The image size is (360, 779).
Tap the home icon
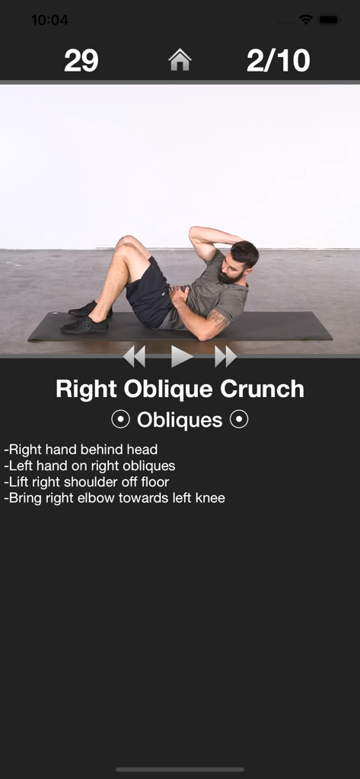[x=180, y=60]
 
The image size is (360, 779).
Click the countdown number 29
[x=81, y=61]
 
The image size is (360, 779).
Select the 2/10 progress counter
[x=278, y=61]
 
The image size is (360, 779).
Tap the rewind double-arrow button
[x=134, y=356]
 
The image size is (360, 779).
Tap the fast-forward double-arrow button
[x=225, y=356]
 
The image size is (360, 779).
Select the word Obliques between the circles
[x=180, y=420]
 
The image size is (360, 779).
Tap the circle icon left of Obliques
[x=120, y=420]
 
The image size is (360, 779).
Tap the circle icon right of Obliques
[x=239, y=420]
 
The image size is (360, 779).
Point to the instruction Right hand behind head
[x=81, y=450]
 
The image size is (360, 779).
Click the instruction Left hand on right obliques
[x=90, y=466]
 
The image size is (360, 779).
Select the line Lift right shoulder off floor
[x=87, y=482]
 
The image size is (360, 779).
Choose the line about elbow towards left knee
[x=115, y=498]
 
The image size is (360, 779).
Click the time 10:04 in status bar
[x=49, y=21]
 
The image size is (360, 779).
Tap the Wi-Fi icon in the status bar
[x=306, y=21]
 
